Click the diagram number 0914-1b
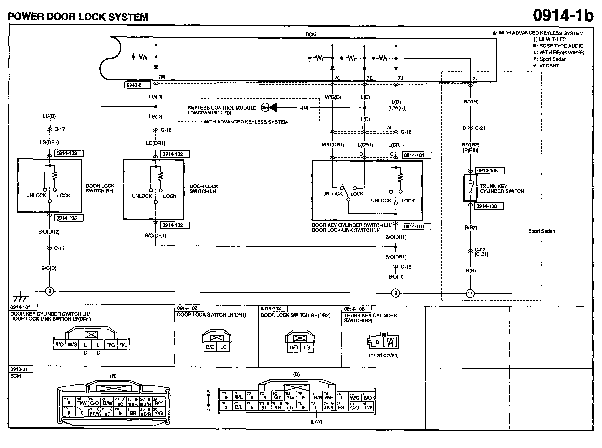pos(563,15)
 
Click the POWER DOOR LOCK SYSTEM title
pos(78,17)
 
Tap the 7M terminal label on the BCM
pos(162,77)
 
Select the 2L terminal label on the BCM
pos(475,78)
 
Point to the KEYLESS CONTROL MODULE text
pos(222,108)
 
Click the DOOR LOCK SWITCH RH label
pos(100,188)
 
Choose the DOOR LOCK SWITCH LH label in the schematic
pos(204,189)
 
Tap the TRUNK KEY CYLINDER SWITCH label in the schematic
pos(502,189)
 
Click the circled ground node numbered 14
pos(470,294)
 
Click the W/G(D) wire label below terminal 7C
pos(333,97)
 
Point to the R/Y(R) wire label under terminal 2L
pos(471,102)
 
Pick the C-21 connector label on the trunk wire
pos(480,128)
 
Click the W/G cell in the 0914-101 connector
pos(72,345)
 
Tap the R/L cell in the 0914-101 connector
pos(123,345)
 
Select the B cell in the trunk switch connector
pos(378,342)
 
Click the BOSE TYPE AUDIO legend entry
pos(561,46)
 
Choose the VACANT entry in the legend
pos(549,66)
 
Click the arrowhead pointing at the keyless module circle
pos(273,108)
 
